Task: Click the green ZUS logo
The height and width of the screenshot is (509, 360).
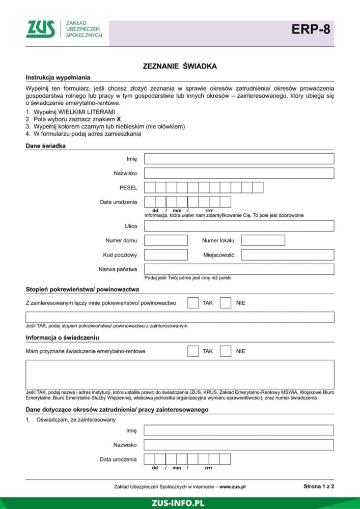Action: click(41, 30)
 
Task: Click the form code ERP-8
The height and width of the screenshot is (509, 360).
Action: click(311, 30)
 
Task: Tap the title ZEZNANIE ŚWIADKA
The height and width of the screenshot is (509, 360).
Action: click(180, 66)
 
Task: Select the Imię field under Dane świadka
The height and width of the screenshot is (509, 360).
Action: click(239, 159)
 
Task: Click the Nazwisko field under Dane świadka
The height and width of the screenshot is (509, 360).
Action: click(239, 173)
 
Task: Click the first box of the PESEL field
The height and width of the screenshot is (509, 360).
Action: click(150, 188)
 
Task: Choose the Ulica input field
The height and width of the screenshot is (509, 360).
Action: click(239, 226)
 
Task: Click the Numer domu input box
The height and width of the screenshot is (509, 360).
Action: click(166, 240)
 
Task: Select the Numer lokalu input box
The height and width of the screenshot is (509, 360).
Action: click(263, 240)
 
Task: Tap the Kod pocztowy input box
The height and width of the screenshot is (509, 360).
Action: click(166, 254)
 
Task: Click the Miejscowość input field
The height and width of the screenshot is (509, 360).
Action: click(288, 254)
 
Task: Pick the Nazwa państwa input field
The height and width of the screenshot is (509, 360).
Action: click(239, 269)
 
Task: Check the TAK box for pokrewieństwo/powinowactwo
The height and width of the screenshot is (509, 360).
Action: click(193, 303)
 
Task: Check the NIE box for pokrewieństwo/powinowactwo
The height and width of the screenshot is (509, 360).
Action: click(226, 303)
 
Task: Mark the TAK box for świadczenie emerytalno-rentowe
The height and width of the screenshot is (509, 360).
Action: click(193, 351)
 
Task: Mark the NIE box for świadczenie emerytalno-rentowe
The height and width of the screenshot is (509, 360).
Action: click(226, 351)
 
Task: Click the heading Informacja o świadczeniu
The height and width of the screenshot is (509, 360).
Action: click(62, 337)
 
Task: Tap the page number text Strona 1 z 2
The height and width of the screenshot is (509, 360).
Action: click(318, 486)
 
